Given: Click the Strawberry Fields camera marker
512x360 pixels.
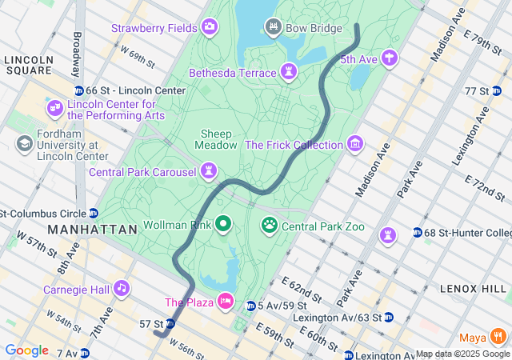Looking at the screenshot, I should pyautogui.click(x=210, y=28).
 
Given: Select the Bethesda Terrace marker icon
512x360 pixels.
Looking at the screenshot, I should pyautogui.click(x=288, y=73).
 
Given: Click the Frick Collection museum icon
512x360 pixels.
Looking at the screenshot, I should pyautogui.click(x=354, y=145).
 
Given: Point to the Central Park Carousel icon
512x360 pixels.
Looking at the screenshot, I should pyautogui.click(x=209, y=171).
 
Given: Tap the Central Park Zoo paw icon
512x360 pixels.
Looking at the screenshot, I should pyautogui.click(x=270, y=226).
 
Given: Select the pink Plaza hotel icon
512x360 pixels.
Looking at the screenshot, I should pyautogui.click(x=226, y=302).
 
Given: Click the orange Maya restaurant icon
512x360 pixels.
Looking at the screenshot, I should pyautogui.click(x=499, y=335).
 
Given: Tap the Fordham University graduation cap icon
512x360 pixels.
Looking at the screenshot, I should pyautogui.click(x=24, y=143).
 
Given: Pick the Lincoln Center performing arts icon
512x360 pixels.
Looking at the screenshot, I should pyautogui.click(x=54, y=108).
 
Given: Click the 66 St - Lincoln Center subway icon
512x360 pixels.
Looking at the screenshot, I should pyautogui.click(x=78, y=91).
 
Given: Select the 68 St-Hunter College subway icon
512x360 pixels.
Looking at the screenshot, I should pyautogui.click(x=418, y=233).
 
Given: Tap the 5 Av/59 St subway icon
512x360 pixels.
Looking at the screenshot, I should pyautogui.click(x=250, y=306).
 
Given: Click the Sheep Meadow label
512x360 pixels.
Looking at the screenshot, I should pyautogui.click(x=216, y=139).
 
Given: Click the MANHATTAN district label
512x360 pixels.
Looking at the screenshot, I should pyautogui.click(x=93, y=229).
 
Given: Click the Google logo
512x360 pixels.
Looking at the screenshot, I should pyautogui.click(x=26, y=350).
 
